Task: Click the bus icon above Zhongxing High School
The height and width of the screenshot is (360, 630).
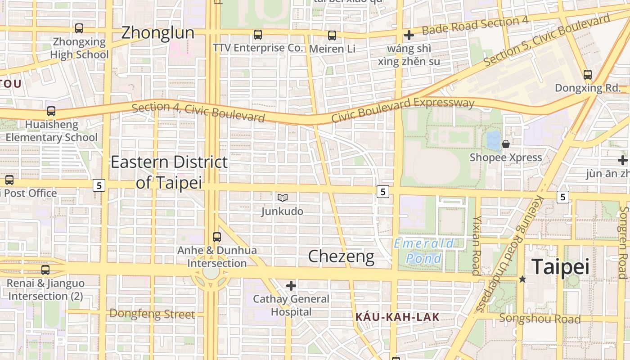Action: [79, 28]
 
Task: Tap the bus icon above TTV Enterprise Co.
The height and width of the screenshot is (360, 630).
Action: [258, 35]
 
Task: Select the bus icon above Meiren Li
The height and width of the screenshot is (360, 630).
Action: [332, 35]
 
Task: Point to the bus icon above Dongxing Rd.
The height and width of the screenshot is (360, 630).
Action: [587, 75]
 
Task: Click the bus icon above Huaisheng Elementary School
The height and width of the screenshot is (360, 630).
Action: [51, 111]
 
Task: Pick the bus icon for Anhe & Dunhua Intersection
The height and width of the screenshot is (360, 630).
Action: [217, 237]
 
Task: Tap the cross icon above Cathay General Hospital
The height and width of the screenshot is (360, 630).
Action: [291, 285]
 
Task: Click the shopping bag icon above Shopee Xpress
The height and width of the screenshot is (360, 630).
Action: [506, 144]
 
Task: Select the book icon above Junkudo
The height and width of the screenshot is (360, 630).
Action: [283, 198]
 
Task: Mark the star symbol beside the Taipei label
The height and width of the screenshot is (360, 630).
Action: [522, 279]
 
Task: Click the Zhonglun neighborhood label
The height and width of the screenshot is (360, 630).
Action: [158, 32]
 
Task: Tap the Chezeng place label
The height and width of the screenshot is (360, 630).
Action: [341, 256]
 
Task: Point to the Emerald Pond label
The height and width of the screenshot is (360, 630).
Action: [423, 251]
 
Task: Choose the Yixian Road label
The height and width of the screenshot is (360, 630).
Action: [477, 245]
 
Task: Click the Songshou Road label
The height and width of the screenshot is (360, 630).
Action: [540, 319]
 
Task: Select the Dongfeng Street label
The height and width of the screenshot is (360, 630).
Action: [152, 314]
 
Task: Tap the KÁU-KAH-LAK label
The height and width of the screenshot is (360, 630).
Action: [397, 317]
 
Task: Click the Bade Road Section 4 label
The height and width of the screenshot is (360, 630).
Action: [475, 25]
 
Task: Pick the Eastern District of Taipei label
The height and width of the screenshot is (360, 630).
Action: [169, 172]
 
